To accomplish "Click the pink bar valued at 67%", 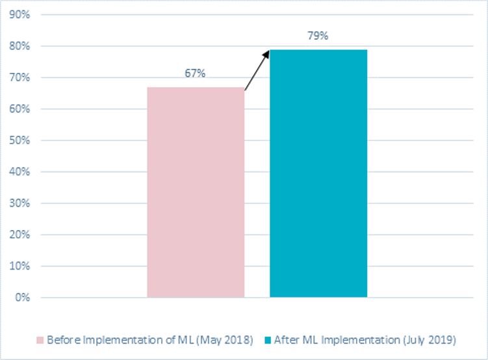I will click(x=196, y=192).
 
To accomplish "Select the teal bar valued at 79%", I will click(x=318, y=174).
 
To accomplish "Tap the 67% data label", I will click(x=195, y=73).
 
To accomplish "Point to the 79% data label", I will click(x=318, y=36).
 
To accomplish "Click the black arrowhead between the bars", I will click(x=266, y=53).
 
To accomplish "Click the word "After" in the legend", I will click(x=286, y=340).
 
